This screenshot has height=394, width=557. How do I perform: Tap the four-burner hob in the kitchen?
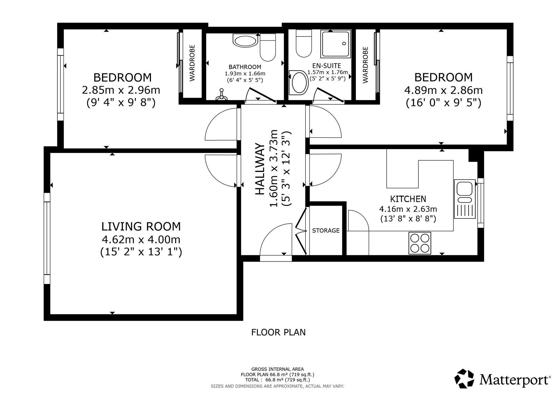[420, 243]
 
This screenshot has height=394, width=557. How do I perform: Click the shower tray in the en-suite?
[336, 44]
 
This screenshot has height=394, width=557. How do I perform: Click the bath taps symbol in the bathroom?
[222, 95]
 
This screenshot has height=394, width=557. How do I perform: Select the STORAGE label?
[326, 230]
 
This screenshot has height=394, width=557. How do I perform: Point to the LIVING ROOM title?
[141, 227]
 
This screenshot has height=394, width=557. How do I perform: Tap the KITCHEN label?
[408, 199]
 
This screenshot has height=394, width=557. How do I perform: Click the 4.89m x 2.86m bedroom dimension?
[443, 90]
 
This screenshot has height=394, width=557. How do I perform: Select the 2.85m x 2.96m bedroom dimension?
[121, 90]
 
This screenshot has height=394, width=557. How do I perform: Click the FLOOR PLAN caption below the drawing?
[278, 332]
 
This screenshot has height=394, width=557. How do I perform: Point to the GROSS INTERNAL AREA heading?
[278, 369]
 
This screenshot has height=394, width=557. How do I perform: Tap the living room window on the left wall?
[47, 238]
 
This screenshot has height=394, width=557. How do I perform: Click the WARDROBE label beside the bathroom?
[192, 63]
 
